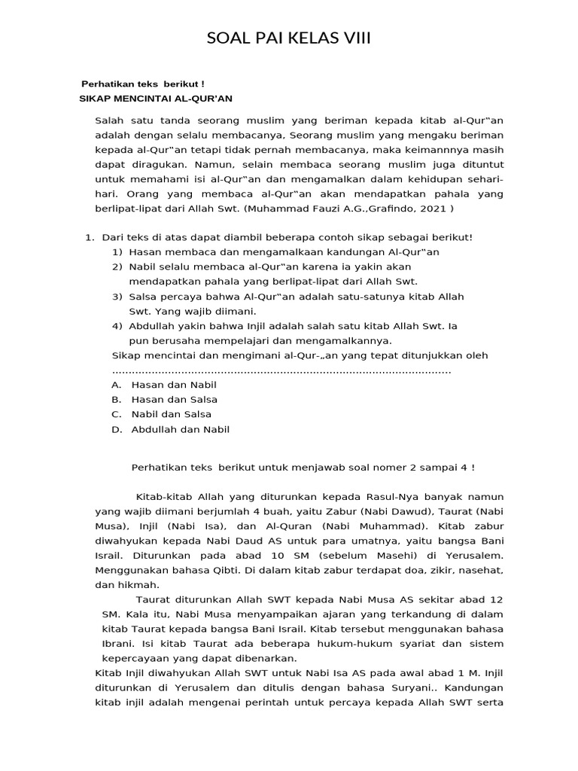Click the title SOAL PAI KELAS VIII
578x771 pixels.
point(289,39)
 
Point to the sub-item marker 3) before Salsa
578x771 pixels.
point(117,297)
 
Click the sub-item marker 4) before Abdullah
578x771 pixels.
point(117,326)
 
